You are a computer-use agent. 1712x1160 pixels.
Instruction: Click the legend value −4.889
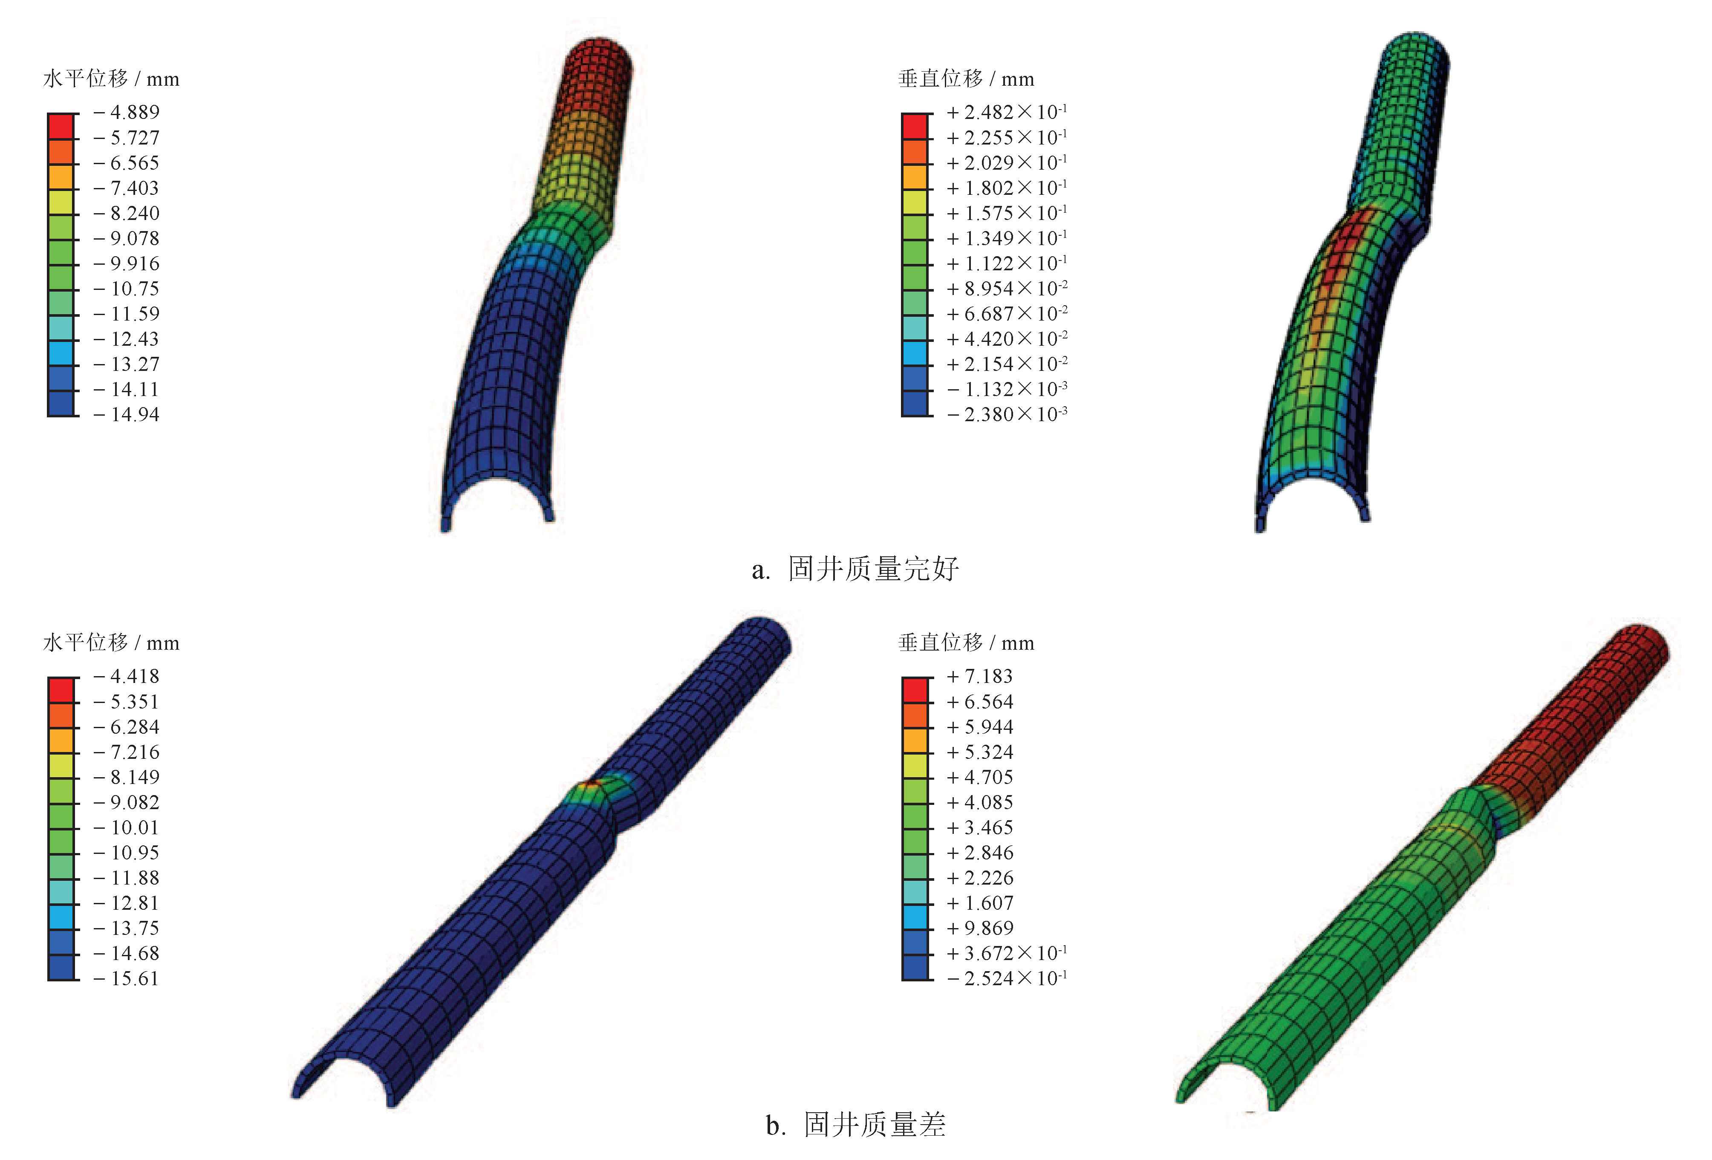(127, 112)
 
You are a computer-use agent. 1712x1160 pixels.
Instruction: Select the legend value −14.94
(127, 414)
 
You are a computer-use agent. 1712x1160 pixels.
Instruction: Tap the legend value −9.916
(127, 263)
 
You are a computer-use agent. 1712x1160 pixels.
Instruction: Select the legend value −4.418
(127, 676)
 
